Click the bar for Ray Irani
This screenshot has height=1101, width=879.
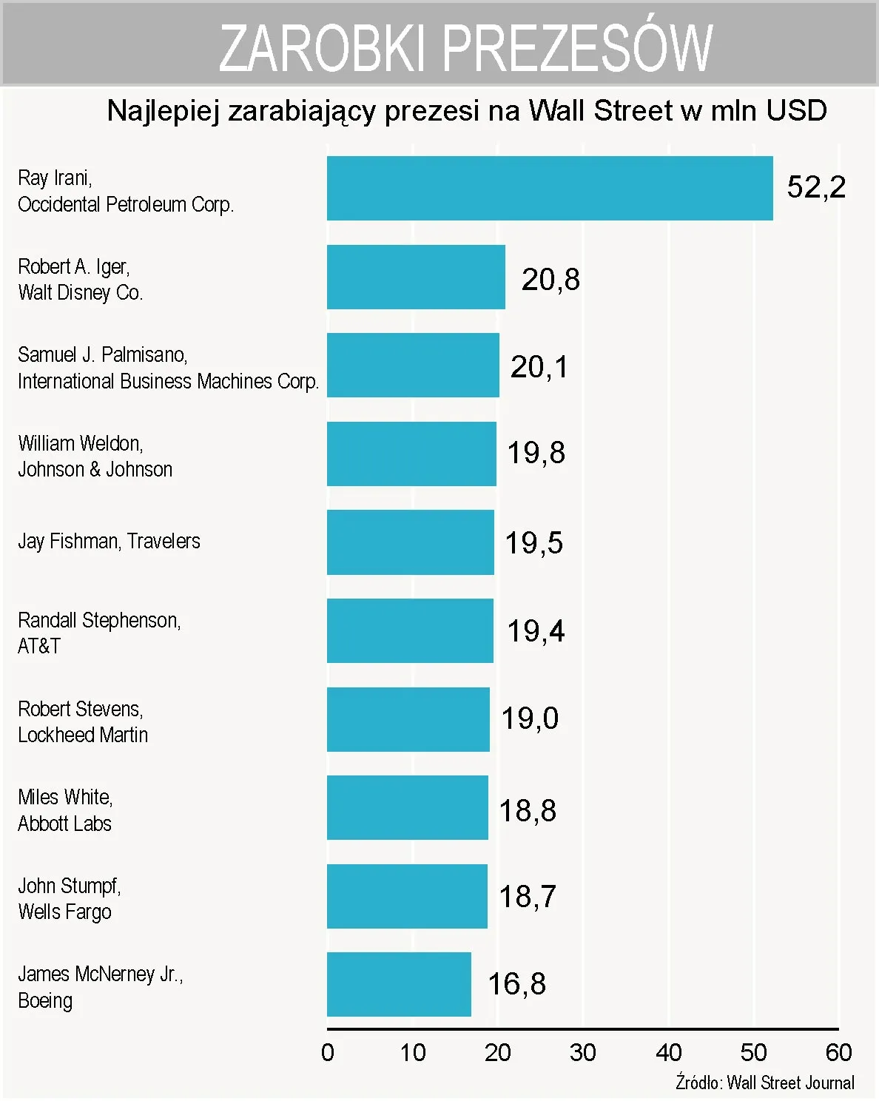[x=550, y=188]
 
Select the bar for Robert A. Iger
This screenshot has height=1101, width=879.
[x=416, y=277]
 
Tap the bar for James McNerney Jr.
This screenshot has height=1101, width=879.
[x=399, y=984]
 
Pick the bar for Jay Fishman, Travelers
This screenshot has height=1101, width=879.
[x=410, y=542]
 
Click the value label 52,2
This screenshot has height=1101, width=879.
[x=816, y=186]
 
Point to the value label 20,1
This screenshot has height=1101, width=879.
[x=539, y=366]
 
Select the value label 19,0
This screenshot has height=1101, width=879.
[x=530, y=718]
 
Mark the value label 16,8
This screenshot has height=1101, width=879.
[x=516, y=983]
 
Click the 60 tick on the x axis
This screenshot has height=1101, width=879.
[x=838, y=1052]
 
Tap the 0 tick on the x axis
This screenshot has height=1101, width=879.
[x=328, y=1052]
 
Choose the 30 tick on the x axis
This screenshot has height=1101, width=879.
[x=583, y=1052]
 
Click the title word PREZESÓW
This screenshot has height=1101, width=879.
[x=578, y=47]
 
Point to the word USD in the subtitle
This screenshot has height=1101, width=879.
[x=796, y=111]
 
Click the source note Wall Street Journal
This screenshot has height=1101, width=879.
[x=790, y=1083]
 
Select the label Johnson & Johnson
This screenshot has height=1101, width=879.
[x=95, y=469]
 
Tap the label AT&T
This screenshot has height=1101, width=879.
[x=39, y=646]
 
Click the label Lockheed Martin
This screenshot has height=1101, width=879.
[x=83, y=735]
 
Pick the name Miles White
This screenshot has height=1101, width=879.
[x=65, y=797]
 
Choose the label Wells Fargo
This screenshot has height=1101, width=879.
[x=64, y=912]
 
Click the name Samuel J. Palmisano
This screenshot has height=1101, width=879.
[x=102, y=354]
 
